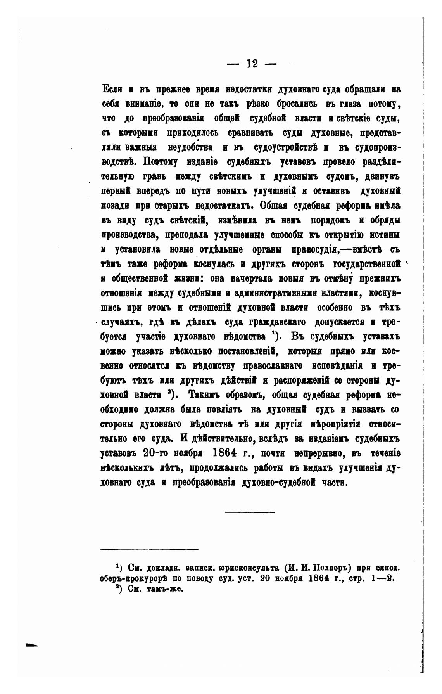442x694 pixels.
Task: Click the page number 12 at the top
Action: pos(252,64)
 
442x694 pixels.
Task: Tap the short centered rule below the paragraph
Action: pos(250,512)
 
